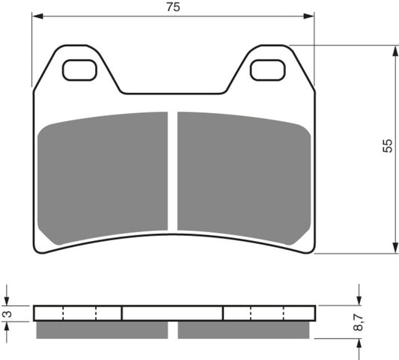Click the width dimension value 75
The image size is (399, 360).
[x=174, y=7]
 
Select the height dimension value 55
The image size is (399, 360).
[x=387, y=146]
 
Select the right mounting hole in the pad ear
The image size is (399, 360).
[x=267, y=70]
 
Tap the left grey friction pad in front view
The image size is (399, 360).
[x=103, y=177]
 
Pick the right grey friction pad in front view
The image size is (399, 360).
[x=243, y=177]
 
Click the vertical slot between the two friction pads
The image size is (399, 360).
[x=173, y=172]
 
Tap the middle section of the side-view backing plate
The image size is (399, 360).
[x=172, y=312]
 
